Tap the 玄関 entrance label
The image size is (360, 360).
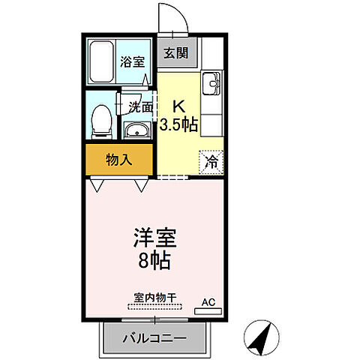point(178,53)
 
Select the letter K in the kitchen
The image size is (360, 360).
point(180,107)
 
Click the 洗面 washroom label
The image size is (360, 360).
point(140,107)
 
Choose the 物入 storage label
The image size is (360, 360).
point(119,160)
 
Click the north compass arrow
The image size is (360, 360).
point(262,338)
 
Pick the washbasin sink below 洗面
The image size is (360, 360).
point(137,132)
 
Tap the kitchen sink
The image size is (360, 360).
point(211,82)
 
